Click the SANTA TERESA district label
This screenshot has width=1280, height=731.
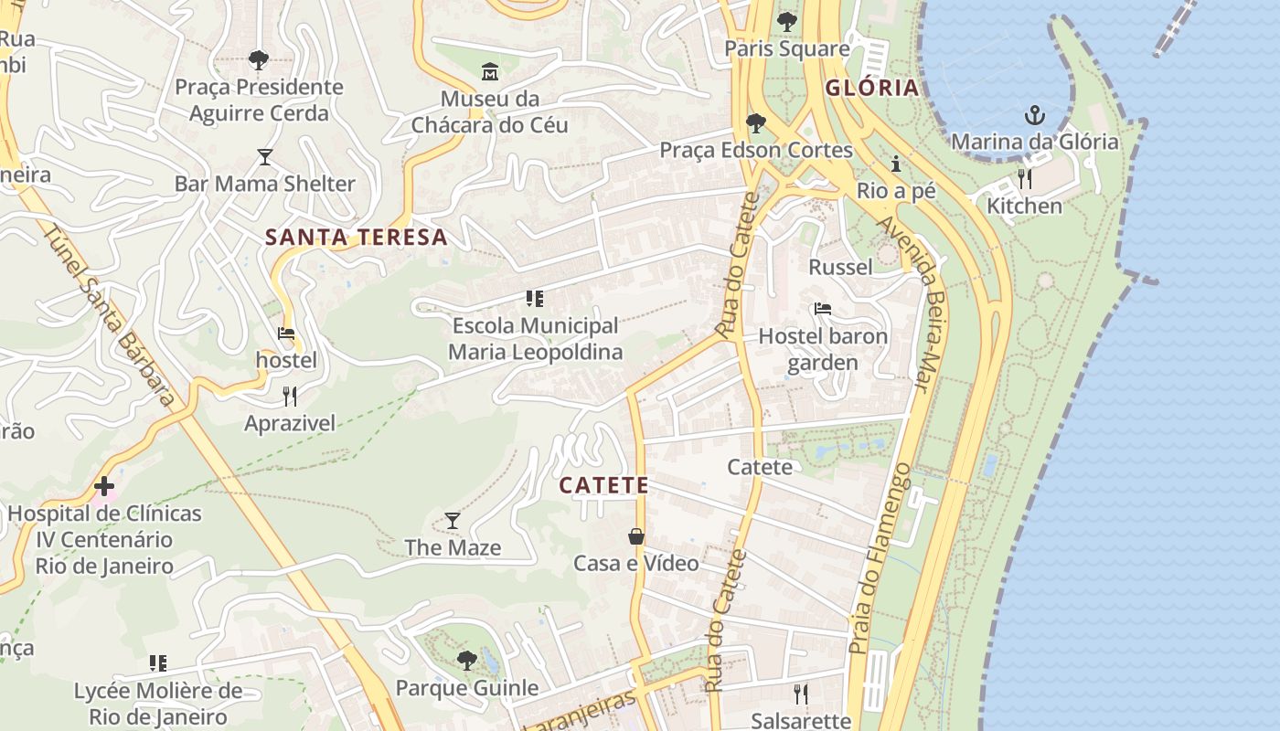(x=357, y=238)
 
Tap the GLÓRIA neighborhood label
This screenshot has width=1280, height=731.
(x=871, y=89)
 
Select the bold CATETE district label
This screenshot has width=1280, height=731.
(x=603, y=486)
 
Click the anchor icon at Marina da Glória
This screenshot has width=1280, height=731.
(x=1034, y=115)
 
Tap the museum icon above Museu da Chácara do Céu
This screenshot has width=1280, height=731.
(x=490, y=71)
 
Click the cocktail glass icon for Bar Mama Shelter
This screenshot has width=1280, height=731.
(x=265, y=157)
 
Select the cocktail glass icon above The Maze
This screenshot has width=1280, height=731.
(x=453, y=521)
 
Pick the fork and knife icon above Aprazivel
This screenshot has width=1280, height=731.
(x=290, y=396)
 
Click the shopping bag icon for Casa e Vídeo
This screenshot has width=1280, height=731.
(x=636, y=536)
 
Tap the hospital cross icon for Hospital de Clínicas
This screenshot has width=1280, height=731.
(x=104, y=486)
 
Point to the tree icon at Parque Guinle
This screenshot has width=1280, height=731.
(x=467, y=660)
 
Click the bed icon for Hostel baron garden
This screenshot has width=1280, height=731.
(x=823, y=309)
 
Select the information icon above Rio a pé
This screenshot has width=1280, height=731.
(x=896, y=164)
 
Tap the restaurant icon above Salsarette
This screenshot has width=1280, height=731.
(x=801, y=694)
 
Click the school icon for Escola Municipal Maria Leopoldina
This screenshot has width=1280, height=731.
(x=535, y=299)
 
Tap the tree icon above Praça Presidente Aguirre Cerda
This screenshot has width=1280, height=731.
(x=259, y=60)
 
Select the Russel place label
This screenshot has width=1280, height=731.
(x=840, y=267)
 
